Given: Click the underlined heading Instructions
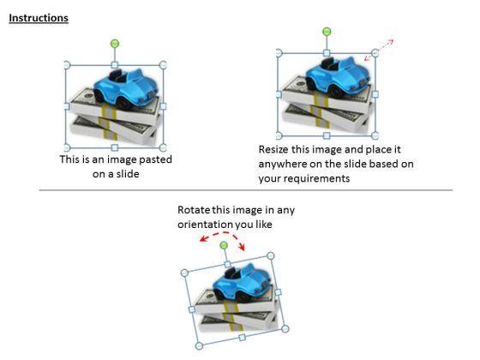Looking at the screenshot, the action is click(x=39, y=18).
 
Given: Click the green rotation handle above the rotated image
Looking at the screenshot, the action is click(x=224, y=245).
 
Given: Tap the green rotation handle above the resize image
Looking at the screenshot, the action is click(x=327, y=31).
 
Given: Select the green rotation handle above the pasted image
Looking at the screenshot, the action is click(x=115, y=44).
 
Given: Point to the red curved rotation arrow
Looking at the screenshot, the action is click(x=225, y=233).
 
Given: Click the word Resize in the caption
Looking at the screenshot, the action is click(x=273, y=150).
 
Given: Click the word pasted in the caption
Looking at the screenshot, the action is click(x=155, y=159).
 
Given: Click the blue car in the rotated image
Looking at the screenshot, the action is click(x=242, y=282).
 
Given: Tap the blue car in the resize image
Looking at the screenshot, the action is click(x=338, y=77).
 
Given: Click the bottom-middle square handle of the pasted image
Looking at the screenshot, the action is click(x=115, y=147).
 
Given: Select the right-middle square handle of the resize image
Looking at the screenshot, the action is click(x=375, y=94).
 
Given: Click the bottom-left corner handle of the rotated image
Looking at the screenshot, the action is click(x=199, y=346).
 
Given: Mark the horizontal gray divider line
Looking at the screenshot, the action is click(x=246, y=190).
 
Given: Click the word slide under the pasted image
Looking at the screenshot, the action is click(x=128, y=174).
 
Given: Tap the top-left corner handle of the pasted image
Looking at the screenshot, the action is click(x=67, y=65).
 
